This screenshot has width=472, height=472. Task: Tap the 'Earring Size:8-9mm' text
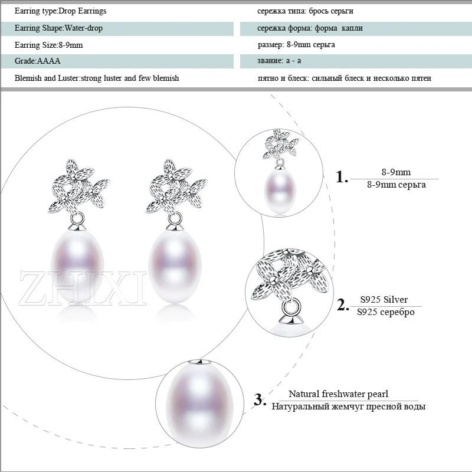pyautogui.click(x=50, y=44)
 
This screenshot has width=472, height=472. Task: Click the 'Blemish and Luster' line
pyautogui.click(x=97, y=78)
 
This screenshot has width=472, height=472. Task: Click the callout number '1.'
pyautogui.click(x=342, y=177)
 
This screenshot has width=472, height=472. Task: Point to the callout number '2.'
pyautogui.click(x=343, y=305)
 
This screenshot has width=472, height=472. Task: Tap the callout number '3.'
pyautogui.click(x=260, y=399)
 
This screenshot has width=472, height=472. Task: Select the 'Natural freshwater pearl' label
pyautogui.click(x=338, y=394)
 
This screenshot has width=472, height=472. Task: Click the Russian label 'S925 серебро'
pyautogui.click(x=386, y=312)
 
